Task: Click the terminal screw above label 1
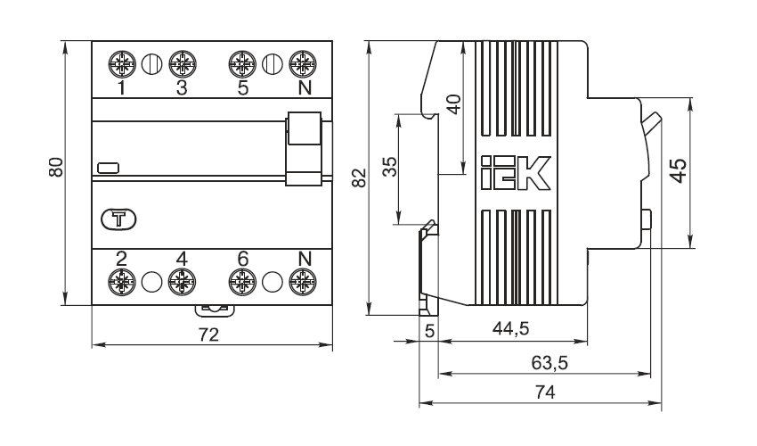click(122, 64)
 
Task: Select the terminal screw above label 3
click(183, 64)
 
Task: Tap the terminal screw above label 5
click(242, 64)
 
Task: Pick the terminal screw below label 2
click(122, 282)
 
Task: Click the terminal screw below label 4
click(182, 282)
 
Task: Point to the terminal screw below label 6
click(242, 282)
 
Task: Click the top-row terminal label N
click(305, 88)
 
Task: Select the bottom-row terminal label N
click(305, 259)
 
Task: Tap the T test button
click(118, 219)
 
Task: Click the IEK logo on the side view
click(516, 173)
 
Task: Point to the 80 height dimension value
click(56, 168)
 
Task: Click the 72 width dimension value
click(208, 334)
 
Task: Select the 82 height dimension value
click(359, 178)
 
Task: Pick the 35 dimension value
click(389, 167)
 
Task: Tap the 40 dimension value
click(454, 104)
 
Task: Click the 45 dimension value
click(679, 170)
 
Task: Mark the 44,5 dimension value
click(511, 329)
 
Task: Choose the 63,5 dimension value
click(549, 362)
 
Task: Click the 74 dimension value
click(545, 392)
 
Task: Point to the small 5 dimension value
click(429, 331)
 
